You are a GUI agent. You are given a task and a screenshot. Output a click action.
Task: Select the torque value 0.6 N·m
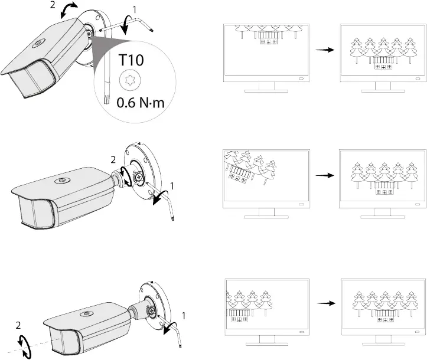[140, 103]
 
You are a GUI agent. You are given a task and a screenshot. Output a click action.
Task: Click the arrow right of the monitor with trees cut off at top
[321, 50]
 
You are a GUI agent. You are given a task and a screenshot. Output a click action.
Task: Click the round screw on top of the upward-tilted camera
[35, 43]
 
